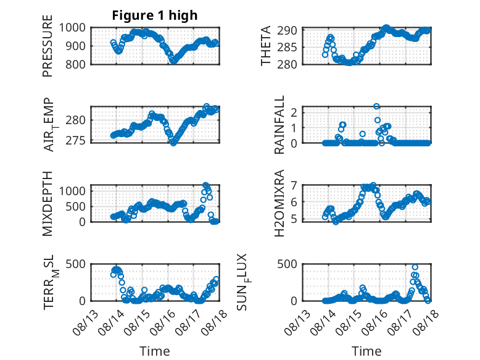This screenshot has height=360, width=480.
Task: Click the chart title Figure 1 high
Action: (155, 15)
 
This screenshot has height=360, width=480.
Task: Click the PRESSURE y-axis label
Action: (48, 46)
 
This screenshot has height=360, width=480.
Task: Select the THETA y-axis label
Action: (266, 46)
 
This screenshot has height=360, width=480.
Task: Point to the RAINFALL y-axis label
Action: (279, 125)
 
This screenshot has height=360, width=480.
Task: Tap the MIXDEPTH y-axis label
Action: (48, 203)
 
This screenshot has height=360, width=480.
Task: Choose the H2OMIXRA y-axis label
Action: (279, 203)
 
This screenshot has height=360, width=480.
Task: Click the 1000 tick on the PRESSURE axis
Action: (72, 28)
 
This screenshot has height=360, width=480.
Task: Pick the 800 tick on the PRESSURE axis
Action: (76, 64)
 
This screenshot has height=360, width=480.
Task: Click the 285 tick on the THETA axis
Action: (287, 48)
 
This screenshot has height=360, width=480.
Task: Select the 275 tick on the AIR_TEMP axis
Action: (76, 140)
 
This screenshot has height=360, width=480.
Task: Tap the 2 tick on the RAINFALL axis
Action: (294, 112)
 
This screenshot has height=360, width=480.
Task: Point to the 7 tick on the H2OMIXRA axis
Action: (294, 185)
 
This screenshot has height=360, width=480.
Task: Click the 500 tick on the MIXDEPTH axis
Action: (76, 206)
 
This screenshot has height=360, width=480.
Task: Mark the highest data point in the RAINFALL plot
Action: (376, 106)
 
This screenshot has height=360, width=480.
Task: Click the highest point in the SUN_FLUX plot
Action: (415, 267)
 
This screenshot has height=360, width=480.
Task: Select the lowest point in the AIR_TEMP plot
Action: (173, 143)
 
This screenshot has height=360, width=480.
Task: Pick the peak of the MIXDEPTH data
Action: (205, 185)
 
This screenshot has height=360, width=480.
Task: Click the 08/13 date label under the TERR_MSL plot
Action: (86, 322)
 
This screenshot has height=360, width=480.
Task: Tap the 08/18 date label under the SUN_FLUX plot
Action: (425, 322)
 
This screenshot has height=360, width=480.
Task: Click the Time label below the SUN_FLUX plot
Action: (366, 351)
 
